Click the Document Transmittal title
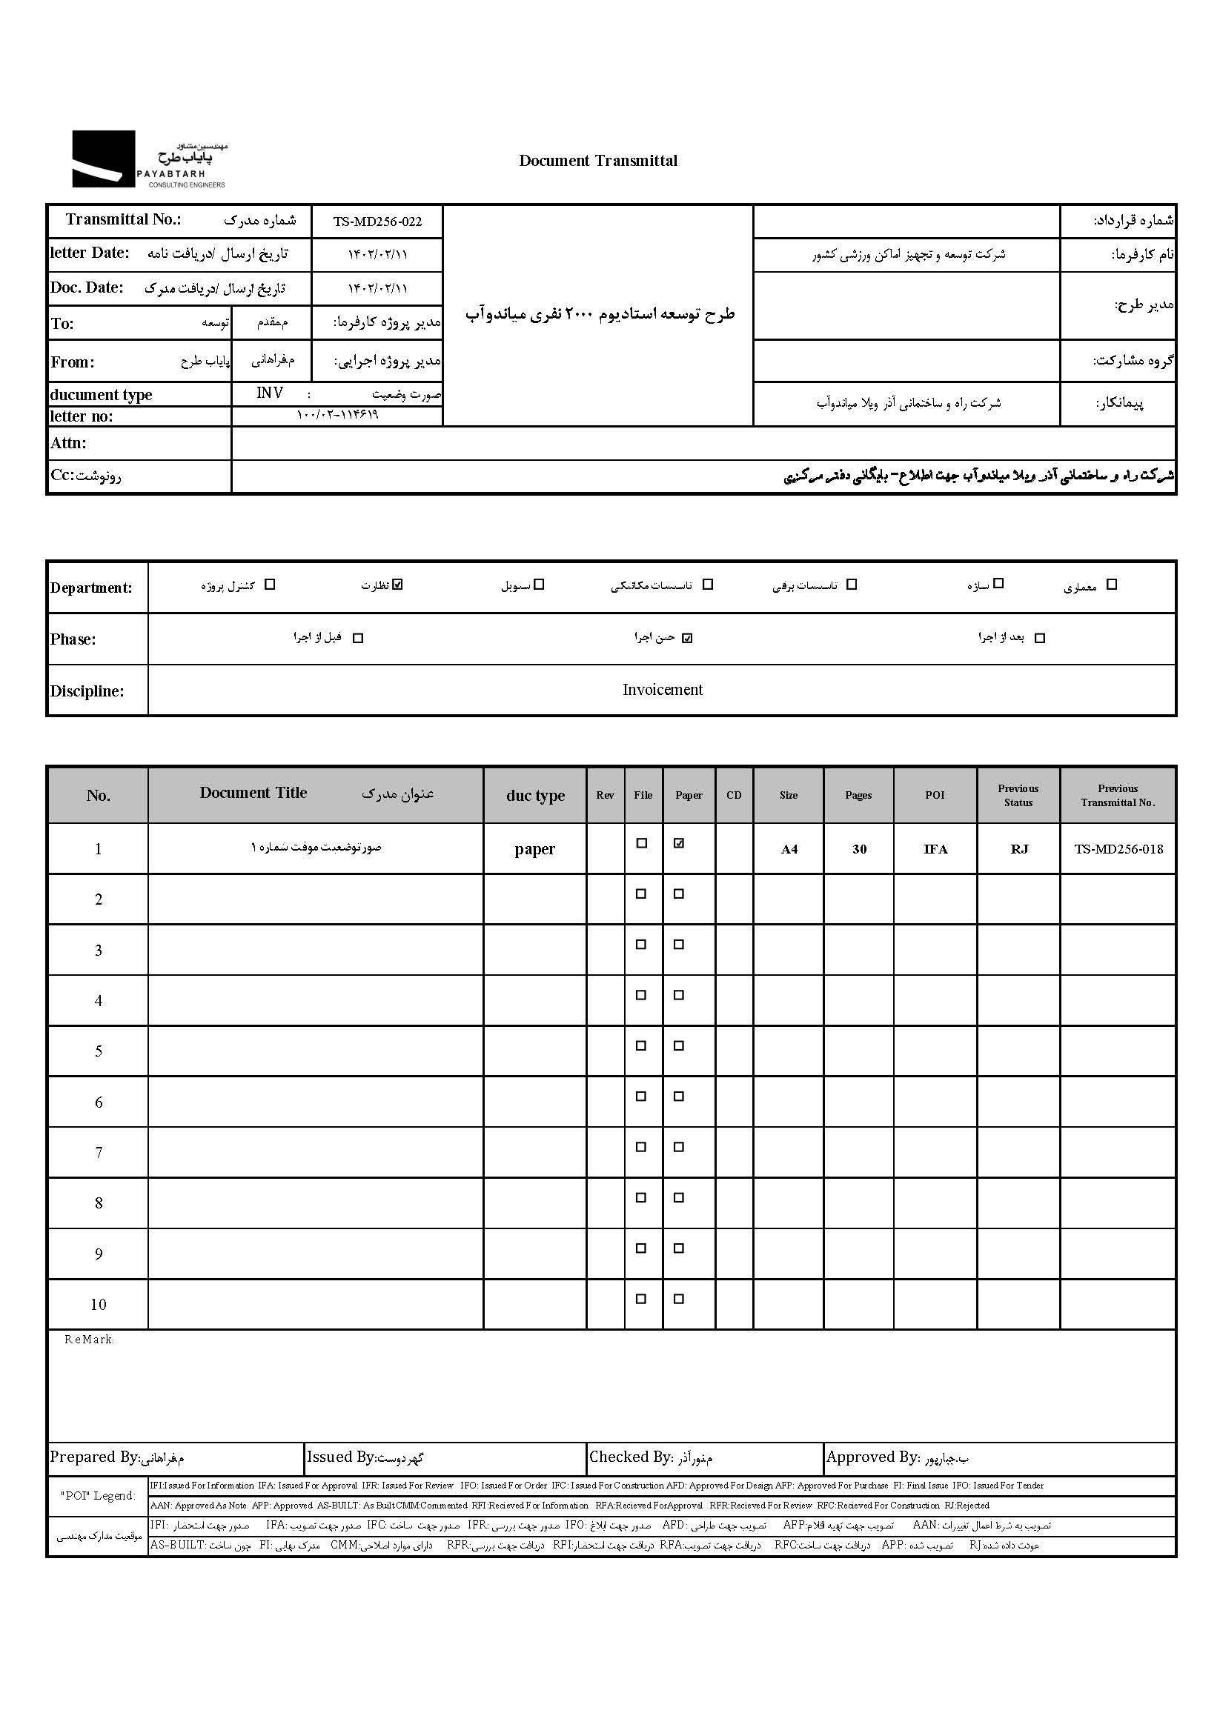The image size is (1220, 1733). [598, 161]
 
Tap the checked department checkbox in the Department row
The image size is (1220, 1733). [399, 584]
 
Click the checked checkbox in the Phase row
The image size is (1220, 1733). [687, 638]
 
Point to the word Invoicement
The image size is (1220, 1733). [662, 690]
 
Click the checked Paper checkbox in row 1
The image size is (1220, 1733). [679, 844]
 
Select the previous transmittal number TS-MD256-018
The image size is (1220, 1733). [1118, 849]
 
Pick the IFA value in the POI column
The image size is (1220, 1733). [935, 849]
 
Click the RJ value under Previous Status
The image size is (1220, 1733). [1019, 849]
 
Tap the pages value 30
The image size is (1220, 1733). [859, 849]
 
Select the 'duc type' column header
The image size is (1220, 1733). [535, 796]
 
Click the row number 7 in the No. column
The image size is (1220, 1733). [99, 1153]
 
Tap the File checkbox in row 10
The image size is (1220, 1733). [641, 1299]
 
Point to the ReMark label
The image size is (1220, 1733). [88, 1340]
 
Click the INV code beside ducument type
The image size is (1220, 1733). [270, 393]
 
